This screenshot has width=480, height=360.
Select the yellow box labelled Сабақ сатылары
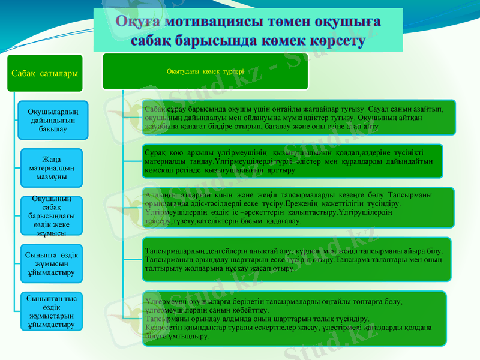coord(44,73)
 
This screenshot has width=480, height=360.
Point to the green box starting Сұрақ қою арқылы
coord(292,161)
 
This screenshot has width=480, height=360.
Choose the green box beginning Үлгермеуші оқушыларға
coord(296,318)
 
